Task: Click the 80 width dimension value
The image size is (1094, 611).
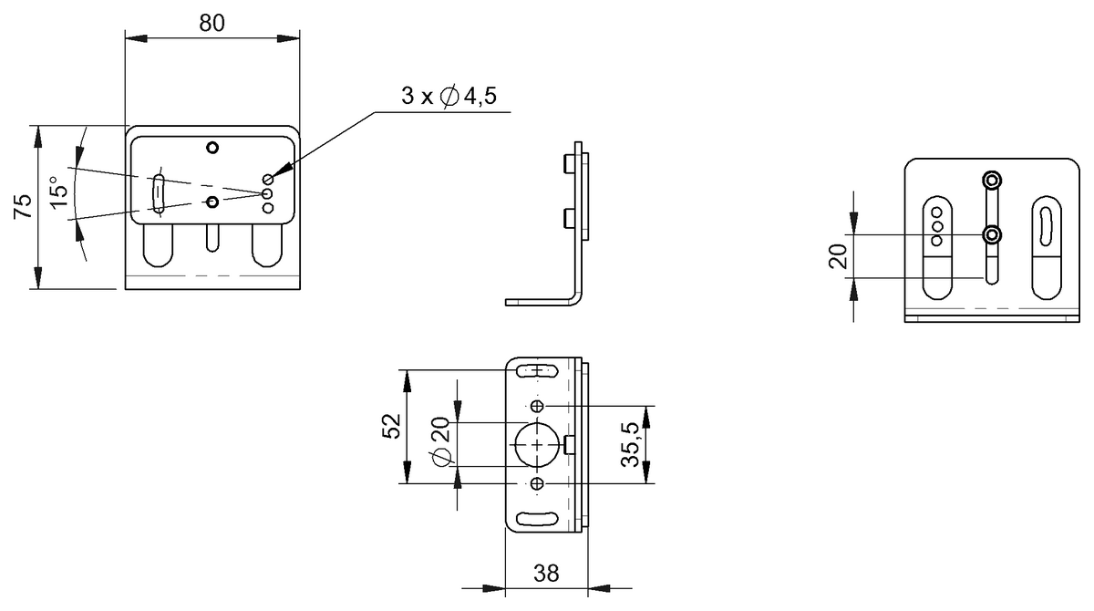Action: point(212,24)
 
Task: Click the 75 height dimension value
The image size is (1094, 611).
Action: point(24,206)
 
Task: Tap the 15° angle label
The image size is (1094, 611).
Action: point(58,192)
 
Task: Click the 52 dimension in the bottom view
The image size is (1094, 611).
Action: point(389,427)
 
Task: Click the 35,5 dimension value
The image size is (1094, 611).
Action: point(629,444)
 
